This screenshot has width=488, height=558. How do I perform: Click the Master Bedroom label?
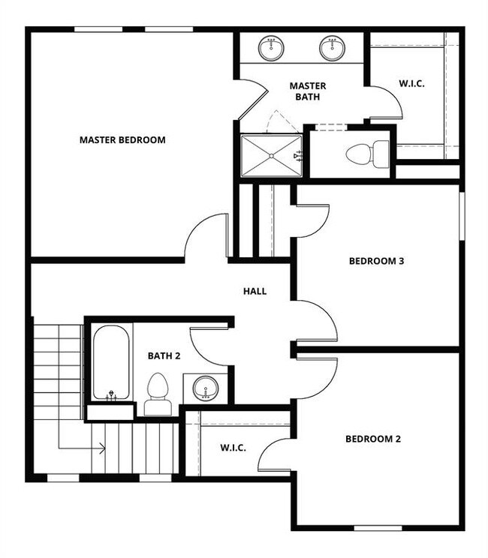pos(122,139)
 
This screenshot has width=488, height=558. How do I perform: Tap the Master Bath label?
pos(308,91)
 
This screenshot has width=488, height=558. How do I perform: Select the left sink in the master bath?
pos(271,48)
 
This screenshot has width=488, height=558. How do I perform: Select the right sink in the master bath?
pos(331,48)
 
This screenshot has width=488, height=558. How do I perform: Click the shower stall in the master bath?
pos(271,155)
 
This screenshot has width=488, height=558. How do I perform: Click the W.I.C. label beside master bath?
pos(411,83)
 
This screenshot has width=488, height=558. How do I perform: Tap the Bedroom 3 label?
pos(377,261)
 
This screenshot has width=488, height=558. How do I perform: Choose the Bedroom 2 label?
pos(373,439)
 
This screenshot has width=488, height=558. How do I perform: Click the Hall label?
pos(255,291)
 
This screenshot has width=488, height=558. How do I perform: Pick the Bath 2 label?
pos(164,356)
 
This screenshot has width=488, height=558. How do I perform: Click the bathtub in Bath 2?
pos(111,362)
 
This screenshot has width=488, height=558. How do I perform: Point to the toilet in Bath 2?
pos(158,394)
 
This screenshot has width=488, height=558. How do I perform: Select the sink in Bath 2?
pos(205,388)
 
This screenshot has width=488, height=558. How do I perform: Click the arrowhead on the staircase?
pos(101,448)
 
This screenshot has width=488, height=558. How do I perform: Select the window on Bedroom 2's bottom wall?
pos(378,528)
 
